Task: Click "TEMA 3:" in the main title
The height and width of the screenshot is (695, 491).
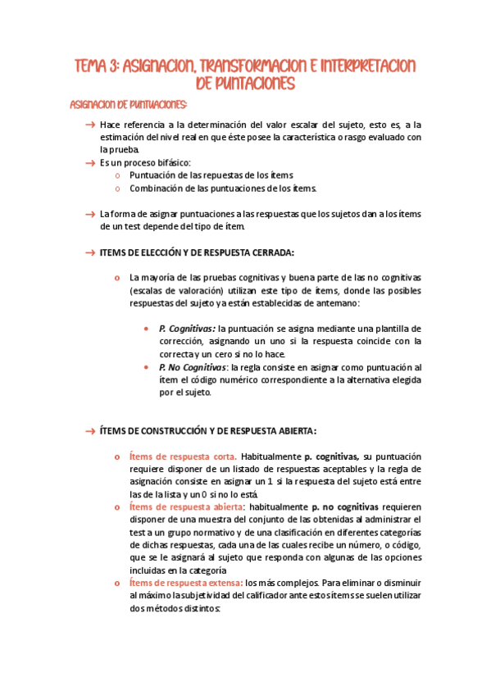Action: click(x=97, y=65)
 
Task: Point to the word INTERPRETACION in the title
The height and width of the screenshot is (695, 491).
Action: click(x=367, y=65)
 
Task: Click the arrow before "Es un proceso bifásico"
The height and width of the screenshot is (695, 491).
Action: click(x=90, y=162)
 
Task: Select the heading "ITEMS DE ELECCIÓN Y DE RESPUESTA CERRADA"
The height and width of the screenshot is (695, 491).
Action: click(x=197, y=252)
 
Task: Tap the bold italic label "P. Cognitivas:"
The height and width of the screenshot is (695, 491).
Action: click(x=187, y=328)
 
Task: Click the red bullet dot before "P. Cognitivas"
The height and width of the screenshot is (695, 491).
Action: click(x=146, y=328)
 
